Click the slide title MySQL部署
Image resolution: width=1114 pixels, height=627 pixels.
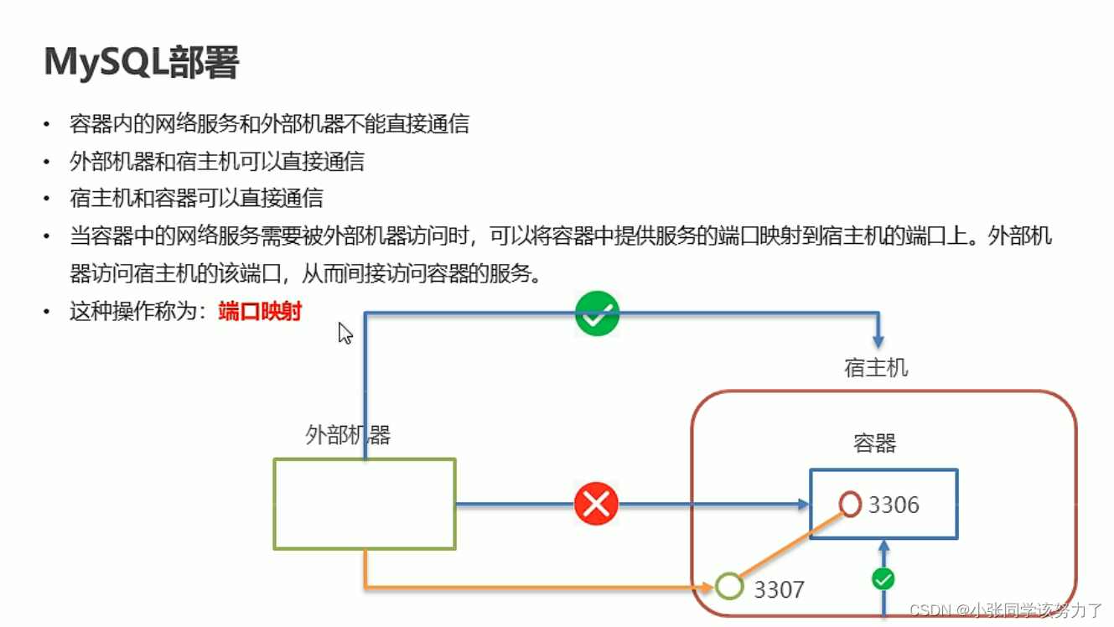(x=142, y=62)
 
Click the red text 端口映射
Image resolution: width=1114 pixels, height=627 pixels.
(x=260, y=312)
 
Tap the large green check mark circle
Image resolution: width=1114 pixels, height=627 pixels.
(x=597, y=314)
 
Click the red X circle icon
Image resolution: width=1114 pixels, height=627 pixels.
(x=596, y=504)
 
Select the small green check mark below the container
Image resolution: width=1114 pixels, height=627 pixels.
(x=883, y=578)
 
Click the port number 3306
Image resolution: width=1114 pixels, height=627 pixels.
(x=894, y=505)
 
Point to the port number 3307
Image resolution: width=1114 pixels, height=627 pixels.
(x=779, y=589)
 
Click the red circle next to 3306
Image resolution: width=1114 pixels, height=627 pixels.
(x=850, y=504)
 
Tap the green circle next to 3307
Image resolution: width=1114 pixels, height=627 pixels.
(x=729, y=586)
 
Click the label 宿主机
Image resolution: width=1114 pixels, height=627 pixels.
(x=876, y=368)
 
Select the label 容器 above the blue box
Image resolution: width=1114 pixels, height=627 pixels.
(x=874, y=443)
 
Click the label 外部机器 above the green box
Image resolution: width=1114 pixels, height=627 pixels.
(x=348, y=435)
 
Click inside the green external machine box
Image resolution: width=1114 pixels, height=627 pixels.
(x=365, y=504)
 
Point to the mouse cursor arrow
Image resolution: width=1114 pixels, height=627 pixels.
(x=345, y=333)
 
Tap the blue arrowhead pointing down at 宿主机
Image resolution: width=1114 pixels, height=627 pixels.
(x=878, y=340)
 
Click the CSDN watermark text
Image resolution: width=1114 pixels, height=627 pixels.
(x=1006, y=610)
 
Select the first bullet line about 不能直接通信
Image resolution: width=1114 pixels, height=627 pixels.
(x=269, y=124)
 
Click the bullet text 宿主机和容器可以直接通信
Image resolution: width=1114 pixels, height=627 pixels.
(x=196, y=199)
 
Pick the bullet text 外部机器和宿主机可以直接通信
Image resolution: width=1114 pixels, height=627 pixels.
(x=217, y=161)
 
